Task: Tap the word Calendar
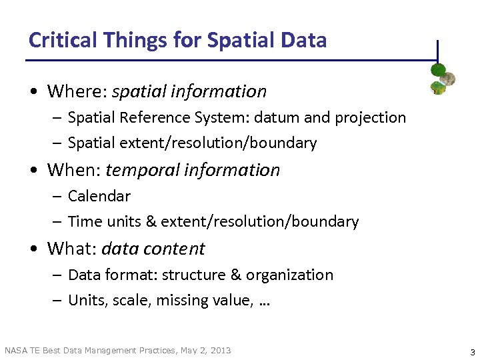click(x=99, y=196)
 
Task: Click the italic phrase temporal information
click(x=193, y=170)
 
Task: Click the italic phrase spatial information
click(x=189, y=91)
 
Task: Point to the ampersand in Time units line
click(x=151, y=221)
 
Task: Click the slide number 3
click(x=472, y=352)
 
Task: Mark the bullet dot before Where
click(x=33, y=92)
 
